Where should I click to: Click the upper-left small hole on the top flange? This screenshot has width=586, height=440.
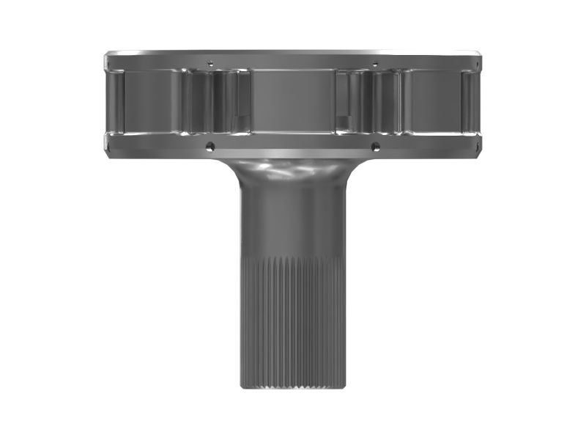210,62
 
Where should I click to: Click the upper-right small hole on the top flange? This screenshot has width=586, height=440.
375,62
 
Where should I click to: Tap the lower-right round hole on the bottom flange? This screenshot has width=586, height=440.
375,147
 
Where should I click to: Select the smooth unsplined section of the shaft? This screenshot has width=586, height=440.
293,220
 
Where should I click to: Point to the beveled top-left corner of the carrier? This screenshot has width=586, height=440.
108,56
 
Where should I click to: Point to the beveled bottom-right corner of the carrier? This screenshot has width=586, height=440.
478,154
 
